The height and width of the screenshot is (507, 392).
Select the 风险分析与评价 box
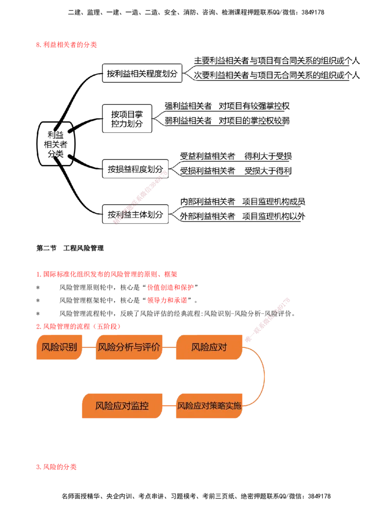(x=128, y=348)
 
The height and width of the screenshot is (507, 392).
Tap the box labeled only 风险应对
(x=209, y=348)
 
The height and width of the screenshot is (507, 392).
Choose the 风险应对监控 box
(x=122, y=406)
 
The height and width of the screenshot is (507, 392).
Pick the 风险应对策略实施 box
(x=209, y=406)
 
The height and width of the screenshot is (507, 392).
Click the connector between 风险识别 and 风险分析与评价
(x=88, y=347)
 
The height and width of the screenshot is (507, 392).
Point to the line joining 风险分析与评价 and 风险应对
(x=169, y=347)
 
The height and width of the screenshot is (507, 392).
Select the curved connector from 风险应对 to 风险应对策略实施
(x=265, y=376)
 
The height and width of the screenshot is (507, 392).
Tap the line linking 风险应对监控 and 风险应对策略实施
(x=169, y=406)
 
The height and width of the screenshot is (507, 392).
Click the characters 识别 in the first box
(x=68, y=348)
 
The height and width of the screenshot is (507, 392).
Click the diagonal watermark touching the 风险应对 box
(x=267, y=318)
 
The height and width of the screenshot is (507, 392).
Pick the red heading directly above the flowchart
(x=78, y=326)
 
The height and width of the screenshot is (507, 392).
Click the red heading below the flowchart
(x=56, y=467)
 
